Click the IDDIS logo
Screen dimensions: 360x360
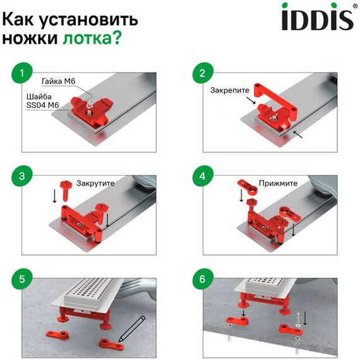point(317,18)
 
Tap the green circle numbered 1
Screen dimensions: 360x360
point(22,74)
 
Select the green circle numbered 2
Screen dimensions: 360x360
point(202,74)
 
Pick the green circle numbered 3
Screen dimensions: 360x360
point(22,176)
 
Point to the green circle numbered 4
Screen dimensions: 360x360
point(202,176)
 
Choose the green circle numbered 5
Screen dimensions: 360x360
point(22,277)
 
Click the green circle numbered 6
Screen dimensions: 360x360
point(202,277)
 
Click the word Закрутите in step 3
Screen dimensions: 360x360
point(96,184)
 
